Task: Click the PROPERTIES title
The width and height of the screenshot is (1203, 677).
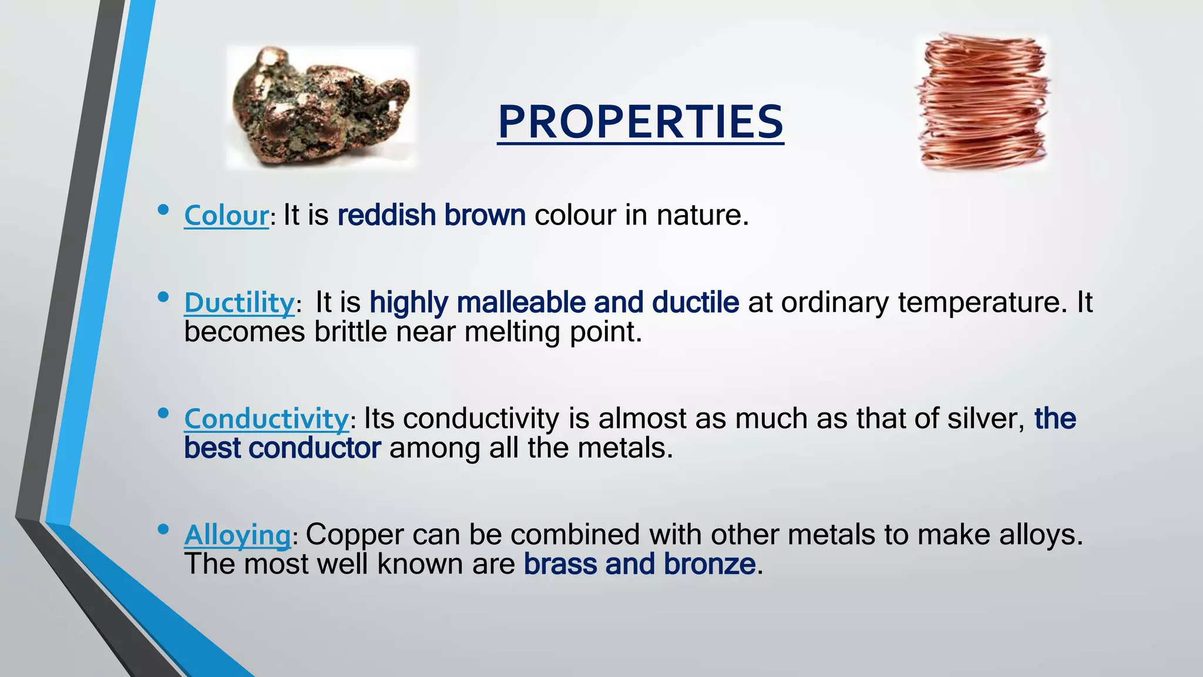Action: [640, 122]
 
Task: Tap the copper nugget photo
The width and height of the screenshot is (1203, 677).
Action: [321, 107]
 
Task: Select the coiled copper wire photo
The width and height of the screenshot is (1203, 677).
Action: [983, 103]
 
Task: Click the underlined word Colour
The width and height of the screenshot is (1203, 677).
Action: [226, 216]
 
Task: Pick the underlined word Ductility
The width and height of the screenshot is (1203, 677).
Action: [239, 303]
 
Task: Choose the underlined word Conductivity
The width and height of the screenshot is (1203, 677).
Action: [267, 420]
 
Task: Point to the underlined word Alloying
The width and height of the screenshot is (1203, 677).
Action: [237, 535]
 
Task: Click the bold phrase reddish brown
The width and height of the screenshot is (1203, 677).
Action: [431, 215]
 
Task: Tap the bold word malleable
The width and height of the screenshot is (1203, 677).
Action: [521, 303]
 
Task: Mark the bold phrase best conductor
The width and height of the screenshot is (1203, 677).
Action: [282, 448]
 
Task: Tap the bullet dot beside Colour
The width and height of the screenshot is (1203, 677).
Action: [163, 210]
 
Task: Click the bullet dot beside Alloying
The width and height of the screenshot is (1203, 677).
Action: [163, 529]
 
